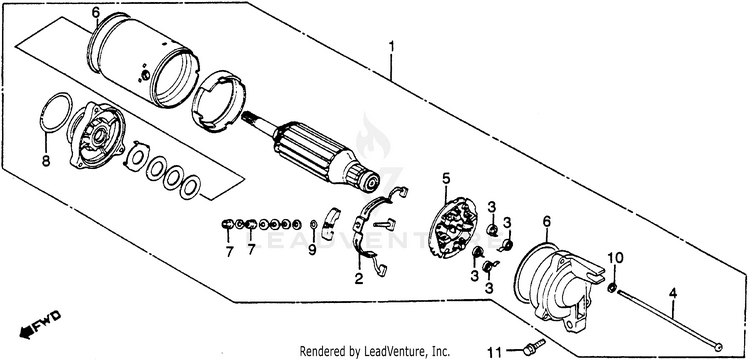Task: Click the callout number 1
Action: coord(391,47)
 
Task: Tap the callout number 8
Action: coord(46,161)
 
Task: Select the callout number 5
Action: coord(446,179)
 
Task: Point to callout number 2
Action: coord(359,278)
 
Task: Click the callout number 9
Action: coord(312,250)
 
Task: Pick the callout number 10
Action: coord(616,259)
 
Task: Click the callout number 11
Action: coord(496,353)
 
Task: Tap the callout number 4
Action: coord(673,294)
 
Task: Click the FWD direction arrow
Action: coord(41,323)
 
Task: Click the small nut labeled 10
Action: coord(611,288)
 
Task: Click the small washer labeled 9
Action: coord(313,225)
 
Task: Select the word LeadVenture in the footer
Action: coord(389,351)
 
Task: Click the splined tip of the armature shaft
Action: coord(250,120)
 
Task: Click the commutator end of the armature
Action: coord(367,176)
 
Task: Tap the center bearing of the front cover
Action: coord(99,137)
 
